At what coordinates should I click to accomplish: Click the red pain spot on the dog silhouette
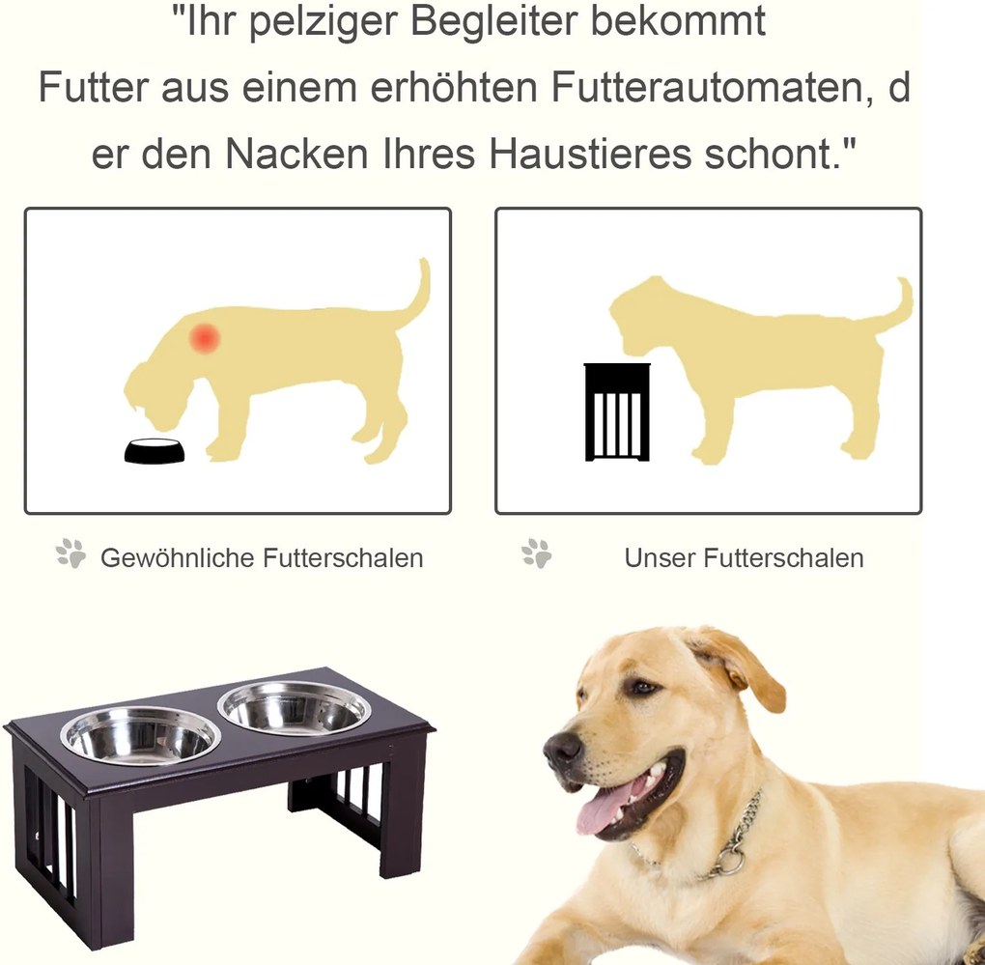[x=206, y=338]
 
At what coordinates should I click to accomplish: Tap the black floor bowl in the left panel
[x=155, y=450]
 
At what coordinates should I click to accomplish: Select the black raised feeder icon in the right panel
[x=617, y=412]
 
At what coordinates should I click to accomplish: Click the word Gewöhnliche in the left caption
[x=178, y=558]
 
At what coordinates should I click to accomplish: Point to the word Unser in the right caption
[x=660, y=558]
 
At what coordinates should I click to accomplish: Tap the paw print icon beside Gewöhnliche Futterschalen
[x=70, y=553]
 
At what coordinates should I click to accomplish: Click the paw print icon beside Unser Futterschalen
[x=537, y=553]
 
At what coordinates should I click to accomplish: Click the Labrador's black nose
[x=563, y=749]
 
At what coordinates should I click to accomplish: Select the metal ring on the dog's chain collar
[x=729, y=861]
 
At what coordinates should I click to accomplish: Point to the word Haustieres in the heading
[x=589, y=154]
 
